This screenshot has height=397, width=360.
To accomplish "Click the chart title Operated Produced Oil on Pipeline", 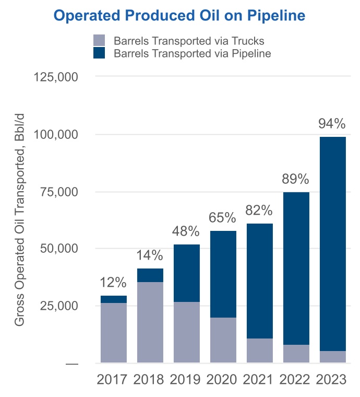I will pos(179,16).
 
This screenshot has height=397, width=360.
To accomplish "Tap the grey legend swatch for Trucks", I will pos(99,40).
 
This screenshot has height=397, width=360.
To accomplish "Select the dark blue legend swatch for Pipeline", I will pos(99,53).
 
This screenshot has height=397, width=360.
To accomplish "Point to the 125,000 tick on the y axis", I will pos(56,77).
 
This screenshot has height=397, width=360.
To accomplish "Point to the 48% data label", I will pos(186,231).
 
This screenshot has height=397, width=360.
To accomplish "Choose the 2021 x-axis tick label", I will pos(259,379).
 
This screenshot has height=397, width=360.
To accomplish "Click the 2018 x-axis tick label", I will pos(150,379).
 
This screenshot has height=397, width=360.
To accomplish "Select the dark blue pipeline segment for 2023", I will pos(332,243).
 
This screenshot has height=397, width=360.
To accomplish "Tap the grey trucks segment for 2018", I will pos(150,322).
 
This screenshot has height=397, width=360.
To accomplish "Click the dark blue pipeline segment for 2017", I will pos(113,299).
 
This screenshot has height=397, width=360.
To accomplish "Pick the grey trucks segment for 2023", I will pos(332,357).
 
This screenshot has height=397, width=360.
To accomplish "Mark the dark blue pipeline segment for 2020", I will pos(223,274).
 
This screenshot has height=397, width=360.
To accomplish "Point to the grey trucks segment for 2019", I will pos(186,332).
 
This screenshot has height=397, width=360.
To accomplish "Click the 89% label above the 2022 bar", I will pos(296,179).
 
